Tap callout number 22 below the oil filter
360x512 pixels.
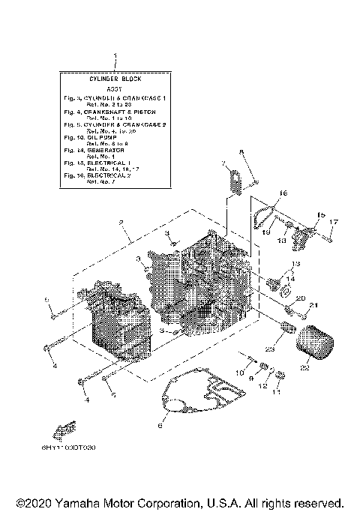point(305,367)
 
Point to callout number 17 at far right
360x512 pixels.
point(334,222)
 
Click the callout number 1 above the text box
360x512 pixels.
point(115,56)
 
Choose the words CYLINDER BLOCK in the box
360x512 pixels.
point(115,78)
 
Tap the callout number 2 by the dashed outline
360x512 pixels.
point(119,222)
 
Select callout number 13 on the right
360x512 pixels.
point(295,265)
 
